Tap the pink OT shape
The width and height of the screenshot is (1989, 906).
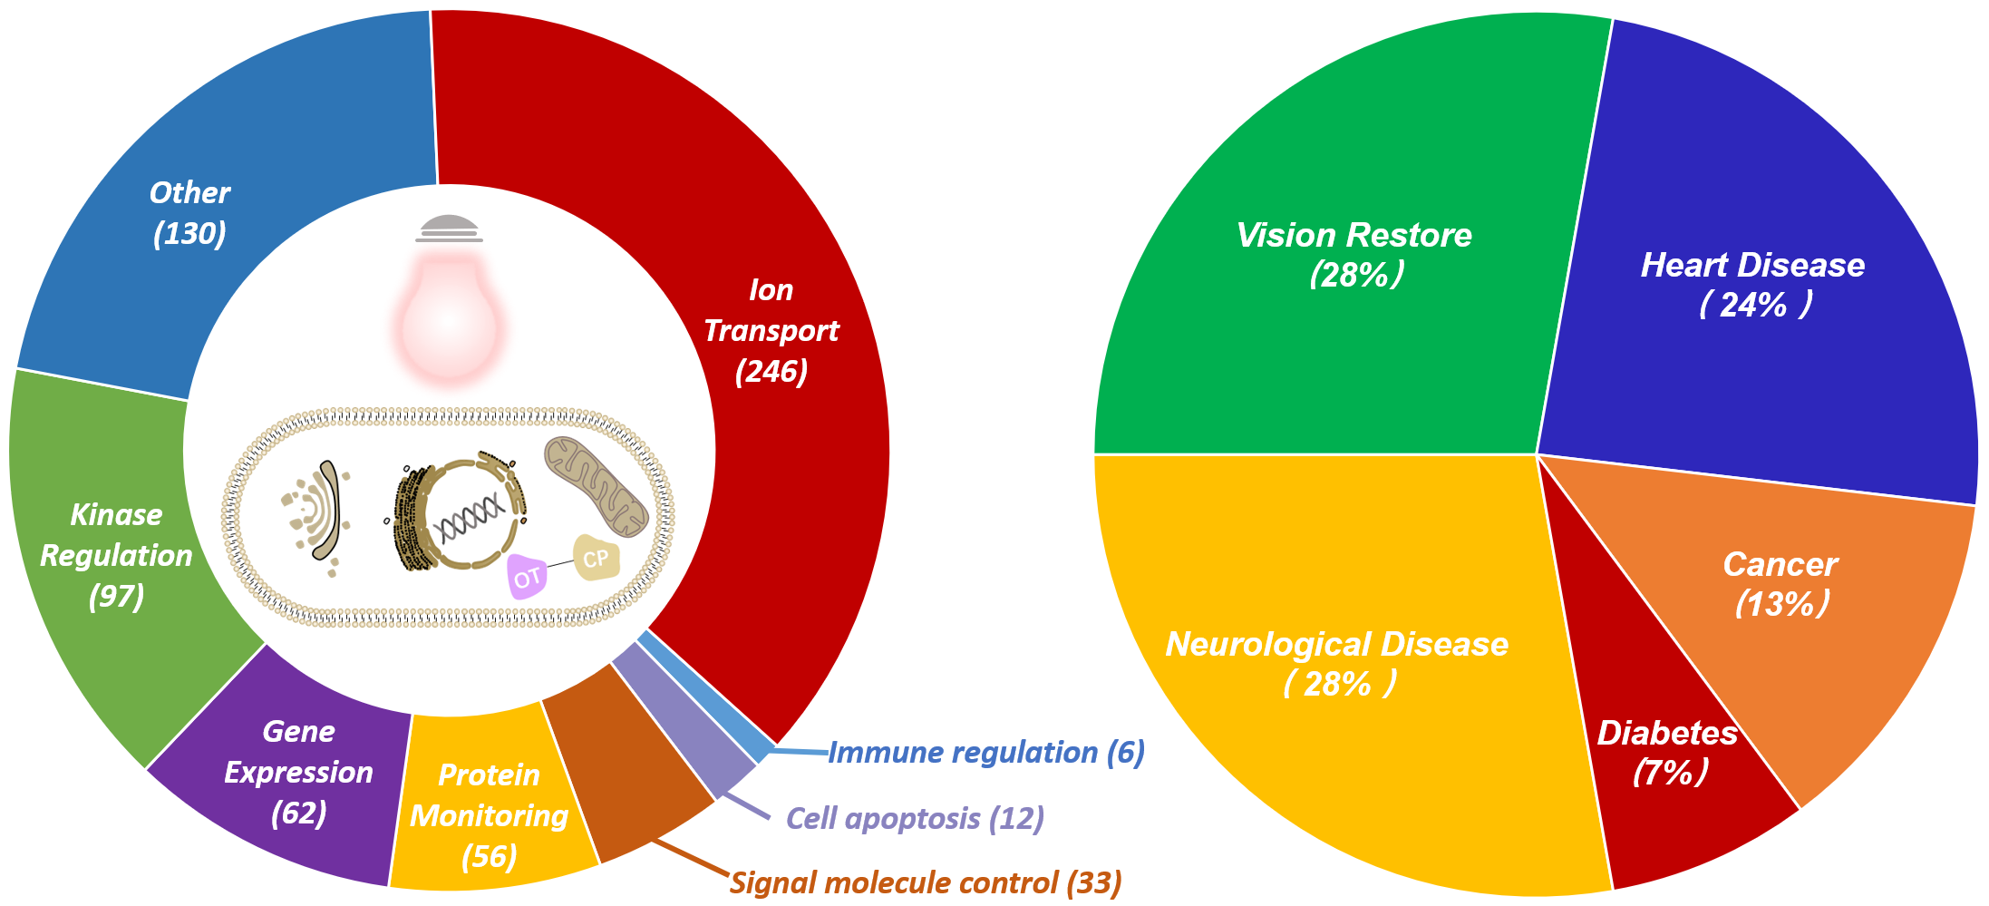click(527, 577)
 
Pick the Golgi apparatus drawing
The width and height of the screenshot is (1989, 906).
click(317, 512)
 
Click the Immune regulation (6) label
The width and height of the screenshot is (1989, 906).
click(986, 753)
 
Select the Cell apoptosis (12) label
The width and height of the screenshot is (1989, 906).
click(915, 818)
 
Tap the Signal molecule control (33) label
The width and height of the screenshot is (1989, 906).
click(926, 882)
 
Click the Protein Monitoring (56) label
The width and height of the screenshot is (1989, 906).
click(490, 815)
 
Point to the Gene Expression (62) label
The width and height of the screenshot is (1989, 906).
click(298, 772)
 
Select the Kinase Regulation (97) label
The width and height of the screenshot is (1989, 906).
click(117, 555)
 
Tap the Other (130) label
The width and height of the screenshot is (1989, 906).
click(189, 213)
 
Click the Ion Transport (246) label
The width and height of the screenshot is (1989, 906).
click(771, 330)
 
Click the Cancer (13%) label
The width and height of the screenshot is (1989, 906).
click(1780, 583)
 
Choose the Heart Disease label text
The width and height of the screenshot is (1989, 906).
click(1752, 265)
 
